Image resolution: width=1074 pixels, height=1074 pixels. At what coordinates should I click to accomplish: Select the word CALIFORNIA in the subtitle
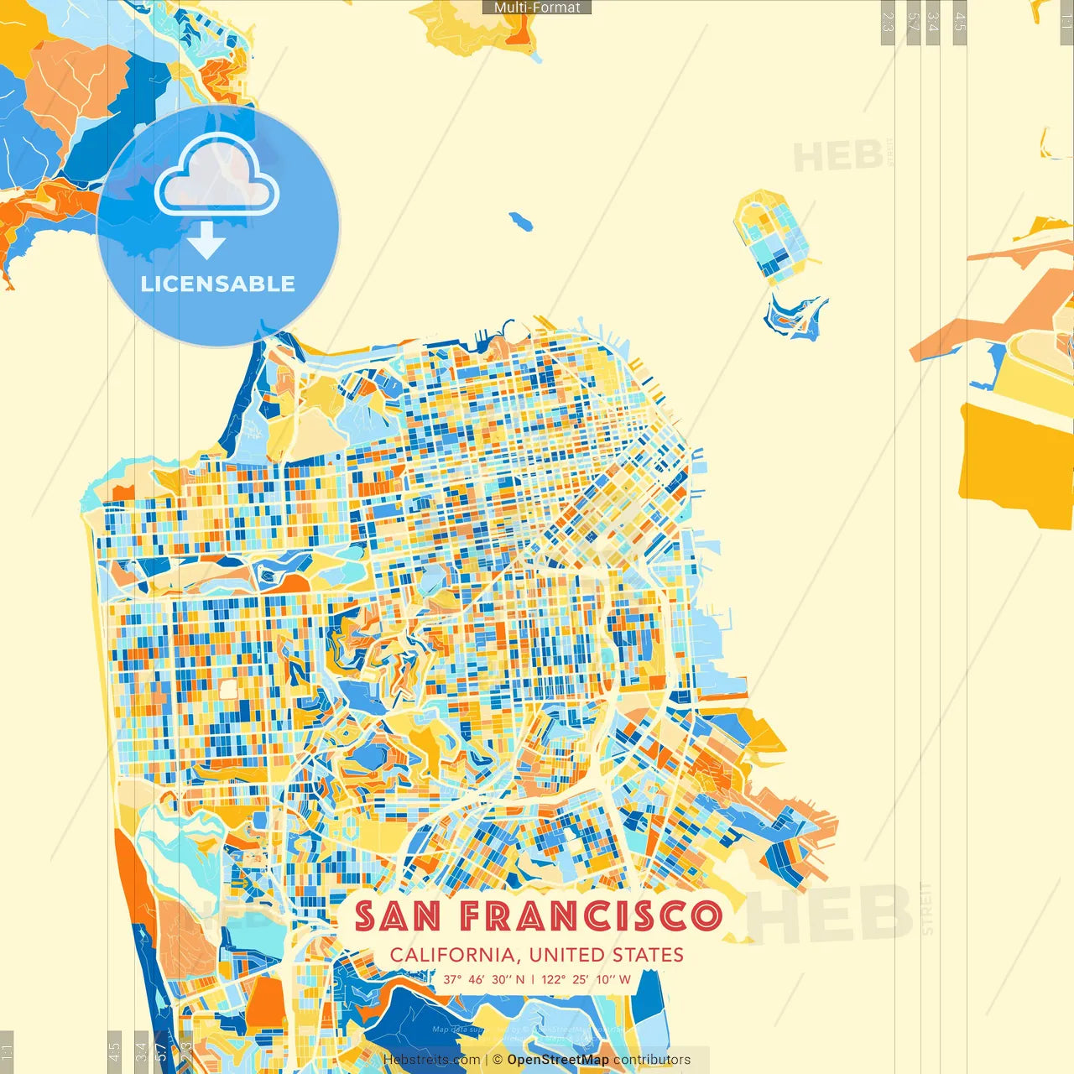(452, 955)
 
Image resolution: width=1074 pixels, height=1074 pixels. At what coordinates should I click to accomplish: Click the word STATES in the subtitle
(647, 955)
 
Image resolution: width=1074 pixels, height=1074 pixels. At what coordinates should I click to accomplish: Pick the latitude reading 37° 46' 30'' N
(484, 979)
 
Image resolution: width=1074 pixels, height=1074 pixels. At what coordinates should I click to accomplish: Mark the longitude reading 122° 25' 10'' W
(586, 979)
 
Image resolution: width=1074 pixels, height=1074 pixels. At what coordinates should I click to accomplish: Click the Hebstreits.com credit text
(431, 1060)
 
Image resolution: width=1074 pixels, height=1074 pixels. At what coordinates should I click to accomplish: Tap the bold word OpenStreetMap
(558, 1060)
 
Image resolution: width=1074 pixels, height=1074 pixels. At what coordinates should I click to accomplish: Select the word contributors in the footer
(652, 1060)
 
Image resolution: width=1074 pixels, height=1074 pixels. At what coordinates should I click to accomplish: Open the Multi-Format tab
(537, 8)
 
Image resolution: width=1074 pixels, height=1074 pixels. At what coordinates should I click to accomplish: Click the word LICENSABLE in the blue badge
(218, 284)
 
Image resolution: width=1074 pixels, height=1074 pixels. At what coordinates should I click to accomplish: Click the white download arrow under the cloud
(206, 242)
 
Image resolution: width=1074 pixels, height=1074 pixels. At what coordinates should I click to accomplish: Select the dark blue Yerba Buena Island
(793, 317)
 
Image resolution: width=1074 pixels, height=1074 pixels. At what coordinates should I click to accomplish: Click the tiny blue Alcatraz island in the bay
(521, 222)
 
